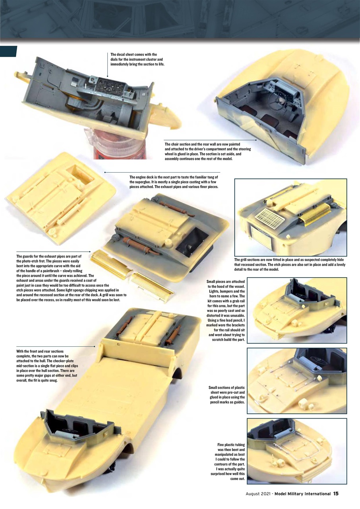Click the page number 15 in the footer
tap(336, 493)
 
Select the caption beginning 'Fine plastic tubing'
tap(228, 461)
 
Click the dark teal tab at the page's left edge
tap(9, 51)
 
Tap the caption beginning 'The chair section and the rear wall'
tap(207, 151)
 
